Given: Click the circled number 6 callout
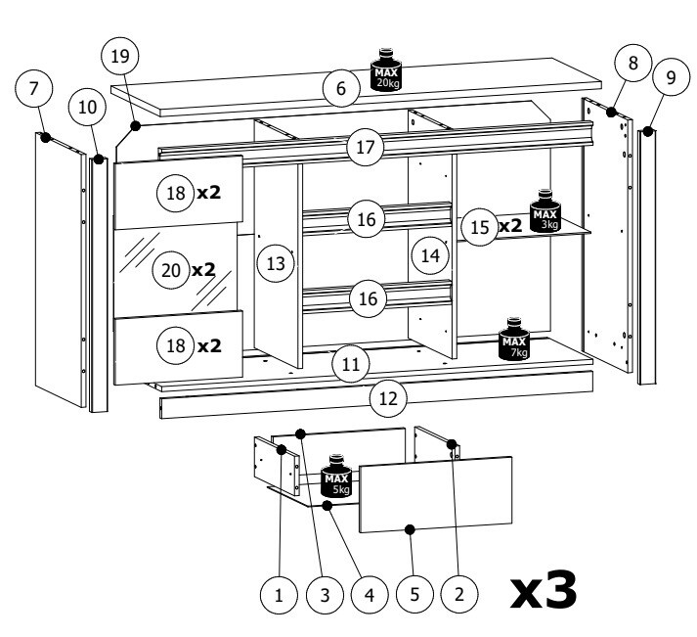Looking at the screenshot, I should coord(340,89).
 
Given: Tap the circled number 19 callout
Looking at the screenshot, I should coord(120,57).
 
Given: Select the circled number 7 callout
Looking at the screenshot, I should coord(34,88).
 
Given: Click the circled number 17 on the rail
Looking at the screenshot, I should coord(366,148).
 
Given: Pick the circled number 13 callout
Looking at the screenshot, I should coord(277,263).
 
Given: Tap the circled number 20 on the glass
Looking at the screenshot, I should coord(172,271).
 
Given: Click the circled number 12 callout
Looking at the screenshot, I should coord(388,398).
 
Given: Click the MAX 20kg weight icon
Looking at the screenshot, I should coord(385,70).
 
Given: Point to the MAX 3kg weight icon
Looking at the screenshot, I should coord(545,209).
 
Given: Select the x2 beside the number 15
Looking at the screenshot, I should coord(509,226).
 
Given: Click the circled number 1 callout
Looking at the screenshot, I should coord(280,593).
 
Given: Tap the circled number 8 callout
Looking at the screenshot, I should coord(633,64).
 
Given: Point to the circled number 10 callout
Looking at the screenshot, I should coord(88,107).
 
